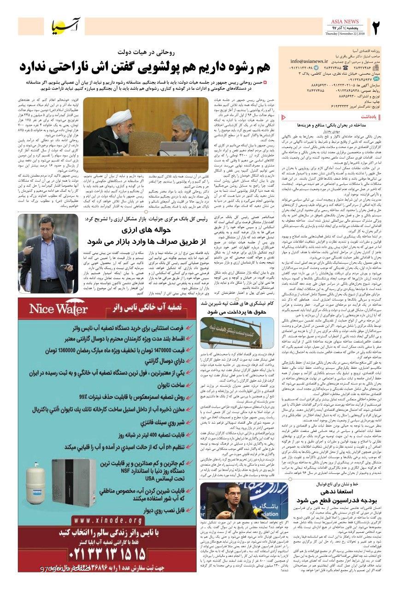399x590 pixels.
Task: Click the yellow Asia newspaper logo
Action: pos(70,28)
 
